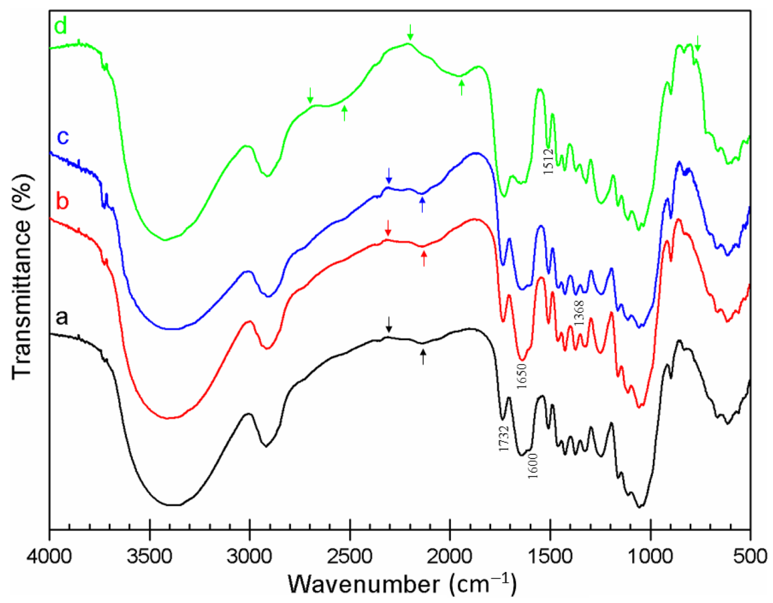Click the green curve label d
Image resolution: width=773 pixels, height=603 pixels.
coord(61,26)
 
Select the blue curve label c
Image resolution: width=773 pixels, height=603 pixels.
coord(63,137)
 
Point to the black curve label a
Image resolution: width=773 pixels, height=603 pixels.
coord(62,317)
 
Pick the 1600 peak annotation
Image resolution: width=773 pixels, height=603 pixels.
coord(533,466)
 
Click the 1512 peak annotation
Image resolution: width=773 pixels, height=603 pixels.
coord(548,161)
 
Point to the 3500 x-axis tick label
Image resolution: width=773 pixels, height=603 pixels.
coord(150,557)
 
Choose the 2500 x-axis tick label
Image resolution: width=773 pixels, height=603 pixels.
coord(350,557)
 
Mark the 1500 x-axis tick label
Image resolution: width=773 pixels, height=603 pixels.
coord(550,557)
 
